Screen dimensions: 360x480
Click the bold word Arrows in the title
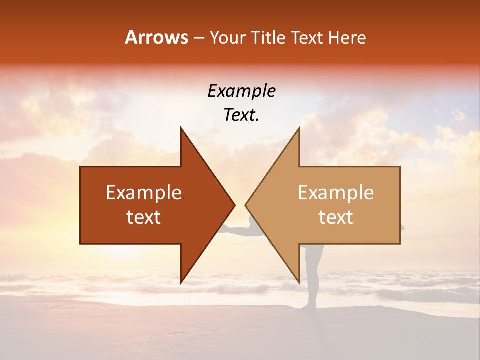(156, 37)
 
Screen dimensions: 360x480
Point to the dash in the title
(199, 38)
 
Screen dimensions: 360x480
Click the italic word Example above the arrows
(241, 91)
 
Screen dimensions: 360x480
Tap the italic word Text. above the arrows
(241, 115)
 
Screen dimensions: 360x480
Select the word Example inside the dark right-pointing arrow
(144, 193)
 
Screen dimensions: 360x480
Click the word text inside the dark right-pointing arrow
(144, 217)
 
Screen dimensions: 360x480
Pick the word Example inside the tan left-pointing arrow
(336, 193)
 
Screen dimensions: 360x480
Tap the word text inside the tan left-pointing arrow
(336, 217)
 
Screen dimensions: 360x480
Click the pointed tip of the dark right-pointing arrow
(234, 205)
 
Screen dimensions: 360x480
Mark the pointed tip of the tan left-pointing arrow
(245, 205)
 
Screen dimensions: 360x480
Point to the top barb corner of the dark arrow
(181, 128)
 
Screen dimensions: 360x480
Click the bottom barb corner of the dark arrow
(181, 283)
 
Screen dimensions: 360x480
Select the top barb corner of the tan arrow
(299, 128)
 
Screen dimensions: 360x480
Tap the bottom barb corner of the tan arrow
(299, 283)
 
